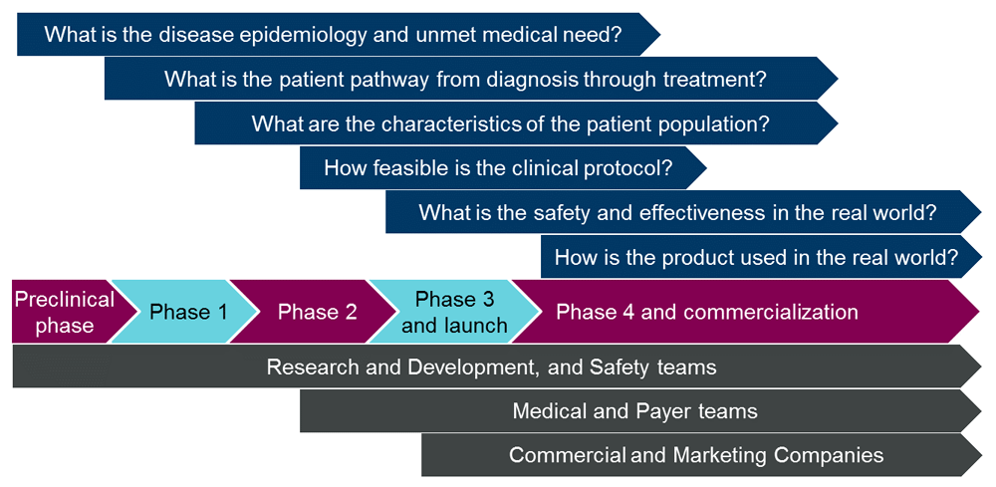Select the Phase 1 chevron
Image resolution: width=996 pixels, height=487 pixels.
[x=188, y=312]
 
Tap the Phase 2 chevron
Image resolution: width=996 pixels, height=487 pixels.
[x=317, y=312]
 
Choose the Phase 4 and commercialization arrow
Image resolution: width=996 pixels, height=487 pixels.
[x=707, y=312]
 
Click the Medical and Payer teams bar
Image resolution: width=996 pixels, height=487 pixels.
[x=634, y=410]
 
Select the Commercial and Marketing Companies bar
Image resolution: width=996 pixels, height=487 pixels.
[x=696, y=455]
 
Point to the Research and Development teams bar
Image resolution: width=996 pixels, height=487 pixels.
[x=491, y=366]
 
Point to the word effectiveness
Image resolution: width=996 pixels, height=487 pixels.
[x=708, y=212]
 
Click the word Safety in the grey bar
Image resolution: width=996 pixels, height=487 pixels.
[x=622, y=366]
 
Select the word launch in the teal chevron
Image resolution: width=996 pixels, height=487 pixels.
[x=475, y=325]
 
